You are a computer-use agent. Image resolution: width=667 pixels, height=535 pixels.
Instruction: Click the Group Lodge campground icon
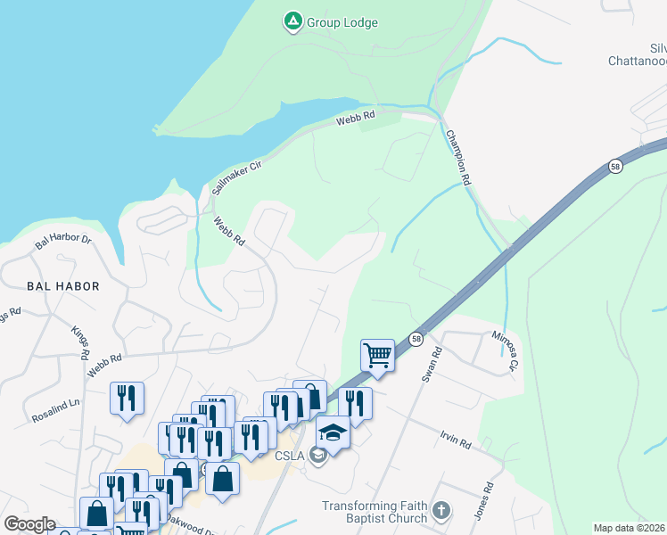[x=292, y=21]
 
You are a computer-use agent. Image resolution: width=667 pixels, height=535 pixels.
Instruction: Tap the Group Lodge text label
[x=343, y=22]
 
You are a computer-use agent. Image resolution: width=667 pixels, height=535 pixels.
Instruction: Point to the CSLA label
[x=290, y=457]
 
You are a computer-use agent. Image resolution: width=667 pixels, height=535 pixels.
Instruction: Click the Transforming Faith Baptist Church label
[x=375, y=512]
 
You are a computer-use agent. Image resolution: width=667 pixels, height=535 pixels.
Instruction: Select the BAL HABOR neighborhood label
[x=63, y=286]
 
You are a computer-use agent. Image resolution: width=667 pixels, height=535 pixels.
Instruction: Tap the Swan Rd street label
[x=432, y=365]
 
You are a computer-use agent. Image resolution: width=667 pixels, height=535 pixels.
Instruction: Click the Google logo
[x=30, y=524]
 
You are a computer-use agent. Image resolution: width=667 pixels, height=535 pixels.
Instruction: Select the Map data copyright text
[x=629, y=528]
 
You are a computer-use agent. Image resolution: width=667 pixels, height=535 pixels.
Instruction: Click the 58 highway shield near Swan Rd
[x=416, y=338]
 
